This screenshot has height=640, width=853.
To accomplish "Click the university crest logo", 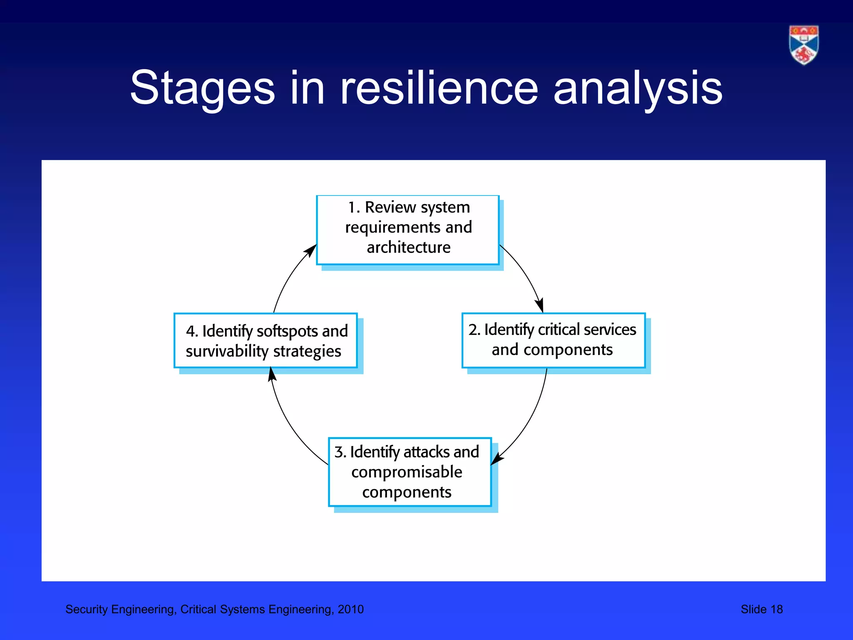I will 803,45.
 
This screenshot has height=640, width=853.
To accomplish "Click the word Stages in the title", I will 202,88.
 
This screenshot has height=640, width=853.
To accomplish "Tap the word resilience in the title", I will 439,88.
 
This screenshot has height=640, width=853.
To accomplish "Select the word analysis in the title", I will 638,88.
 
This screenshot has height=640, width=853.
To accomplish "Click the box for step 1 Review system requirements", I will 408,230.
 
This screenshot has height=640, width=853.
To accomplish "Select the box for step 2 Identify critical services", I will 553,340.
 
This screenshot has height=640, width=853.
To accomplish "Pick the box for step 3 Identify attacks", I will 410,472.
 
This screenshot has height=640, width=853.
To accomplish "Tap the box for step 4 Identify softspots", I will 265,340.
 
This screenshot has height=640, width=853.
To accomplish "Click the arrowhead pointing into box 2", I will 540,306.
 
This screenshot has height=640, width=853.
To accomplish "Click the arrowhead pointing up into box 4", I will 272,374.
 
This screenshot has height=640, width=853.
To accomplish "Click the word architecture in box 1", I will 409,247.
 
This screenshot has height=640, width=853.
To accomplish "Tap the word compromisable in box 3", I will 407,472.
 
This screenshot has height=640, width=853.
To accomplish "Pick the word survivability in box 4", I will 227,351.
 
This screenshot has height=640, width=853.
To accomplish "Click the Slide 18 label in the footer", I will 761,609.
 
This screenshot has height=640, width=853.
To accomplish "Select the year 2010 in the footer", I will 350,609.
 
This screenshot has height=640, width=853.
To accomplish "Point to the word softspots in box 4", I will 287,331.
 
